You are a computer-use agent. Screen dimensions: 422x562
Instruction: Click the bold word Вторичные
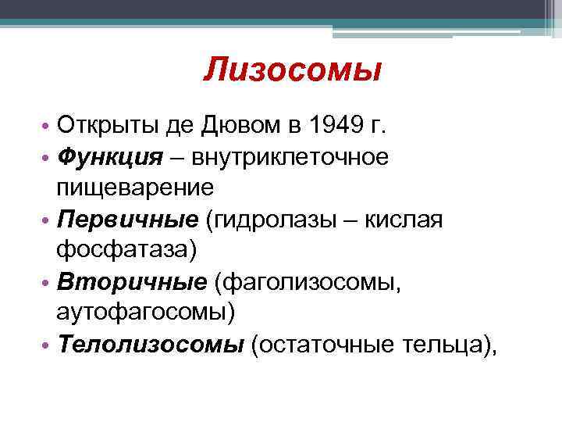127,282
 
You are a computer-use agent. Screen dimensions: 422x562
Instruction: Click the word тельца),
447,345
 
